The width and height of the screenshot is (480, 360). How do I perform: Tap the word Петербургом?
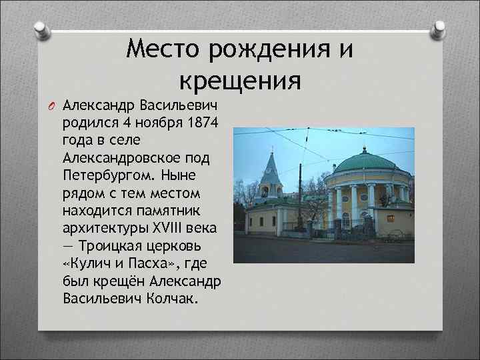(x=106, y=175)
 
